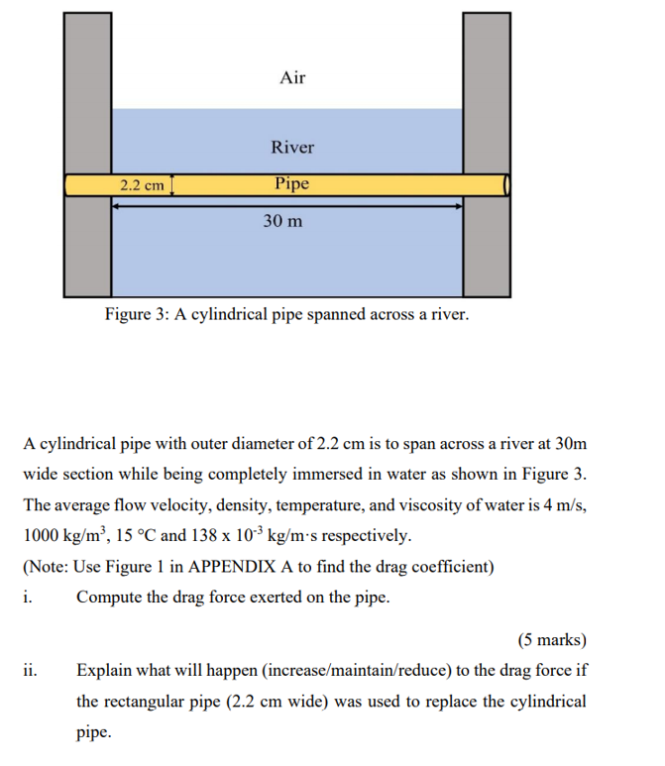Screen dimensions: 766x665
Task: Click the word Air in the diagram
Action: [x=292, y=77]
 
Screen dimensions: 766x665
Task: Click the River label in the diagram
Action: [x=292, y=148]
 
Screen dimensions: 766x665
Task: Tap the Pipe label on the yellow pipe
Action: [x=292, y=184]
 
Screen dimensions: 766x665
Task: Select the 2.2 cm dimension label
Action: [x=141, y=185]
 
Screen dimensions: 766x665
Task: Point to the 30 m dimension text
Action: [x=283, y=221]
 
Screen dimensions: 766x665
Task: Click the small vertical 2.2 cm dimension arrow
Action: [x=173, y=185]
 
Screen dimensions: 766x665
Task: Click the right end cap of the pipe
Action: [x=507, y=185]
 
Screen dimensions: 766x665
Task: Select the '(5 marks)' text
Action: [x=551, y=639]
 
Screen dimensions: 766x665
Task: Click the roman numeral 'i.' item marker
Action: [x=27, y=597]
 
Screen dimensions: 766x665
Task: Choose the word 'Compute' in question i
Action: [x=108, y=597]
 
